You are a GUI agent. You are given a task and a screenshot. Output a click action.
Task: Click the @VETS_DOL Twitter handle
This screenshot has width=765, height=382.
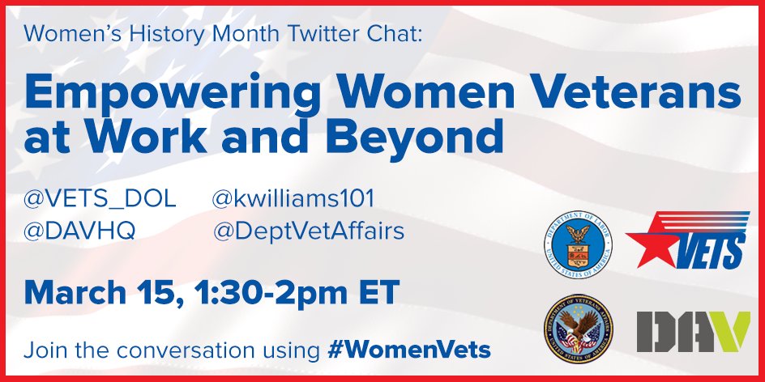click(x=100, y=199)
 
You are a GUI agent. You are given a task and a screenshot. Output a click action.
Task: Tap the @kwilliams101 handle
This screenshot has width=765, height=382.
click(x=293, y=199)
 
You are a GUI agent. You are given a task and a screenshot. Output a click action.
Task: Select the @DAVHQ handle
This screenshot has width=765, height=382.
click(x=79, y=232)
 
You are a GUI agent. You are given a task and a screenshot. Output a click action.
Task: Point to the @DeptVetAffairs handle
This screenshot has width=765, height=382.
click(x=308, y=232)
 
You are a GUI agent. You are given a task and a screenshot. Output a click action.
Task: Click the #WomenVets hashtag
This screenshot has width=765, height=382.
click(x=409, y=350)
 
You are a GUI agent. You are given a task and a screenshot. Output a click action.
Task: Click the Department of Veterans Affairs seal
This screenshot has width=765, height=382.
click(x=578, y=329)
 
